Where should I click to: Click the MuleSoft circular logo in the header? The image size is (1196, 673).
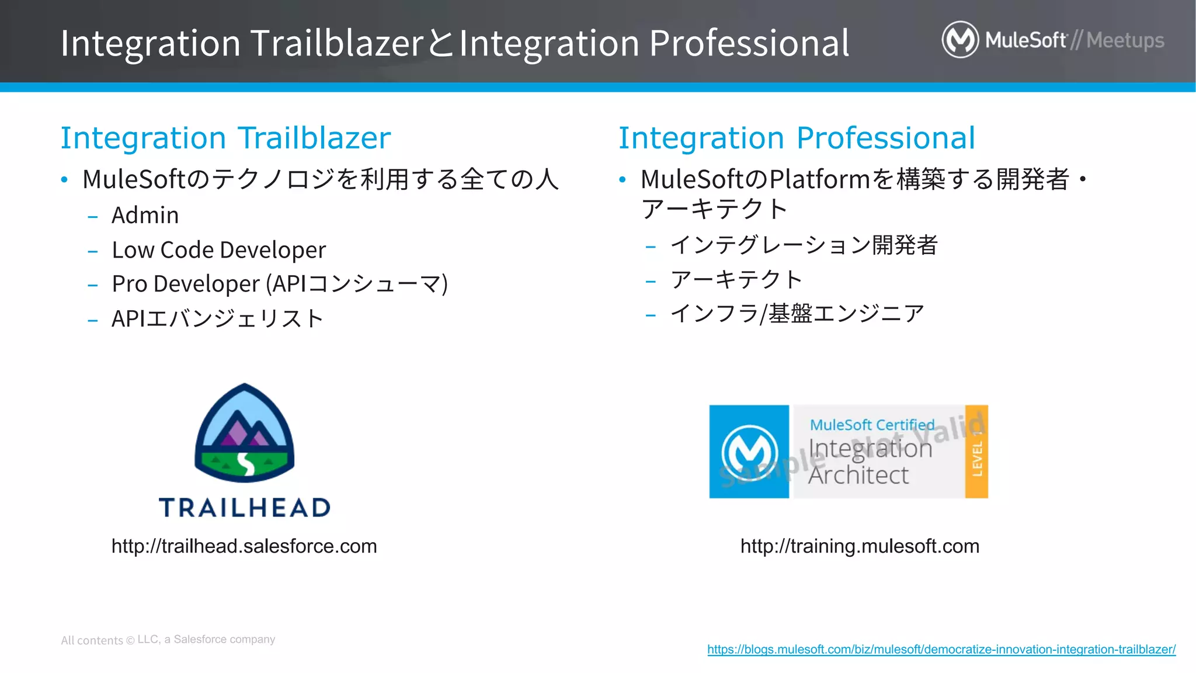tap(959, 40)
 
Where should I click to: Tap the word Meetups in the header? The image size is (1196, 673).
tap(1125, 40)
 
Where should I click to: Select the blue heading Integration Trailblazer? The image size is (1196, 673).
tap(225, 138)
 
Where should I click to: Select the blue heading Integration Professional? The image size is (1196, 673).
tap(797, 138)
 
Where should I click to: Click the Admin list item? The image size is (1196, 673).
tap(145, 216)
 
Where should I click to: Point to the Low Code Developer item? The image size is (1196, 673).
tap(218, 250)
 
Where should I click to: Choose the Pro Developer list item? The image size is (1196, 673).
tap(279, 284)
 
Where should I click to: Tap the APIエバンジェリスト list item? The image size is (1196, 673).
tap(217, 319)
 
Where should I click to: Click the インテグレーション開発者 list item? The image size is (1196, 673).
tap(804, 245)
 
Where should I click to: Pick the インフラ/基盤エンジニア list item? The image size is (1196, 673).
tap(797, 314)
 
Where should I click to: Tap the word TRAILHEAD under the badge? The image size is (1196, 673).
tap(245, 508)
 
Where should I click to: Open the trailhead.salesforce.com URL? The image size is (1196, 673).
tap(244, 546)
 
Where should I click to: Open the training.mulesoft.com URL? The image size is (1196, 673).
tap(860, 546)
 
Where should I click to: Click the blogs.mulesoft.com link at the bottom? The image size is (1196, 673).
tap(941, 650)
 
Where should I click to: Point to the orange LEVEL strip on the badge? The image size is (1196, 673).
tap(976, 452)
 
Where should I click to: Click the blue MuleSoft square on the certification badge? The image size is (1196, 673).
tap(749, 452)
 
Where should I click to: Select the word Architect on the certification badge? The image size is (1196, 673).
tap(858, 476)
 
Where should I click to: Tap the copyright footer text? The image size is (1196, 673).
tap(168, 640)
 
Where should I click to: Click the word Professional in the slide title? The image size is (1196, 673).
tap(749, 43)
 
